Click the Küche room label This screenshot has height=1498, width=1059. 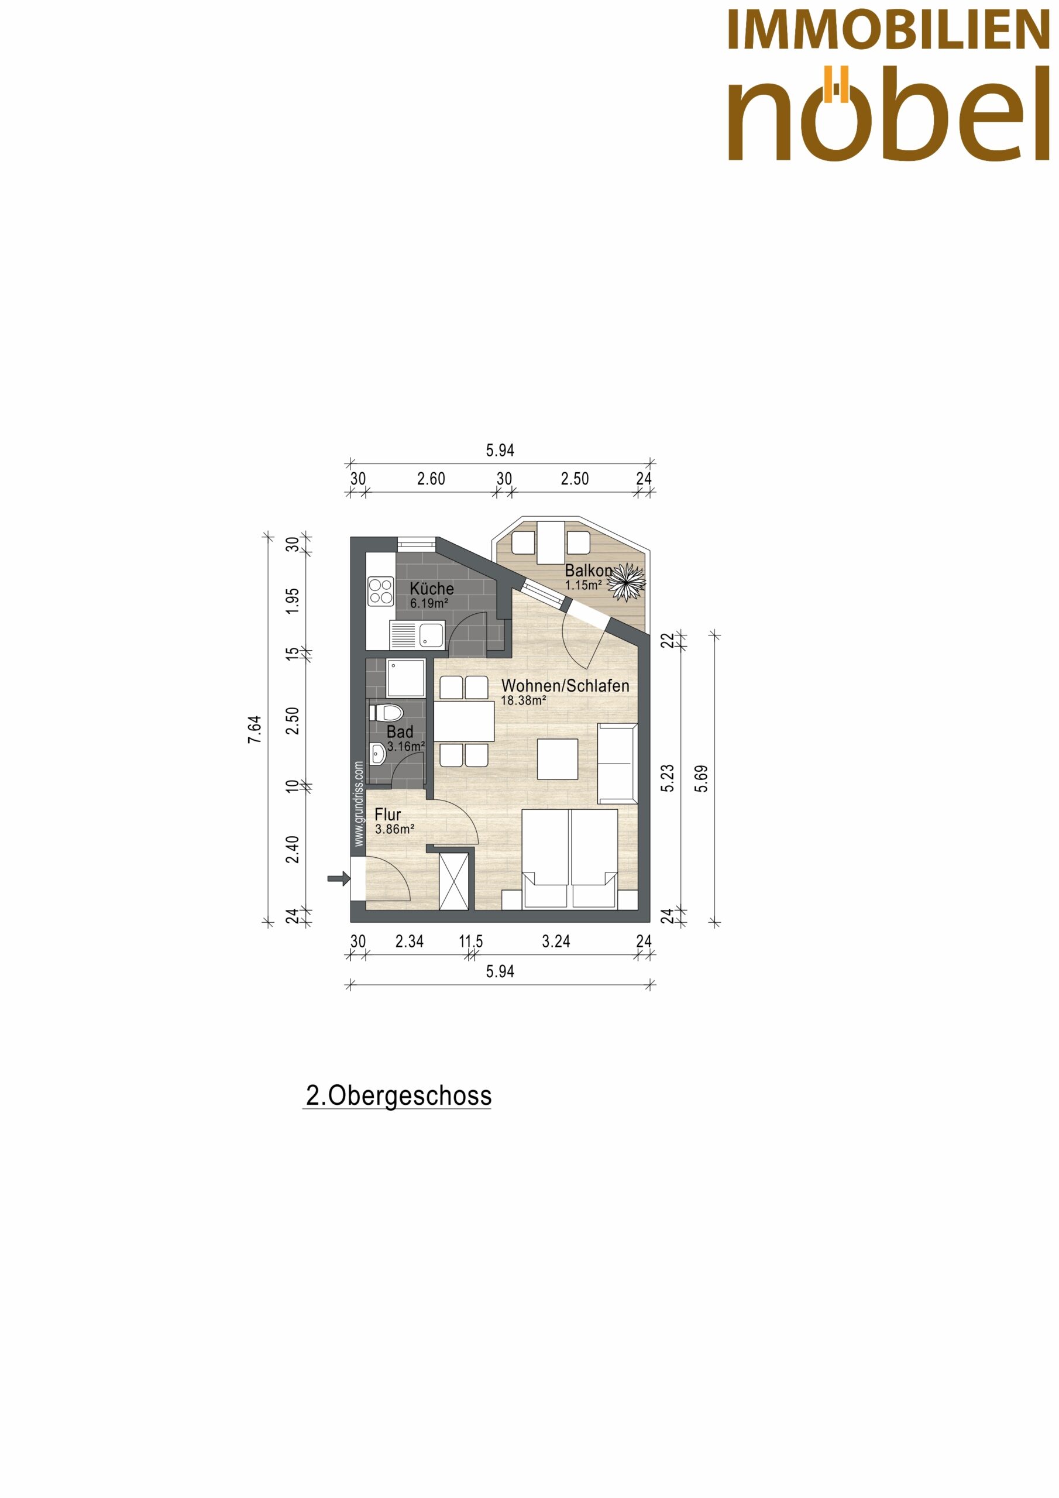[431, 588]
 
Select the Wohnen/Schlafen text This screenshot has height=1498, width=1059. [565, 686]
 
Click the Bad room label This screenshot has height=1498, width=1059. [400, 732]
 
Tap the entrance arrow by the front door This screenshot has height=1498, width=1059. [339, 879]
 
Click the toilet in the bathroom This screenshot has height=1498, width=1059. [387, 712]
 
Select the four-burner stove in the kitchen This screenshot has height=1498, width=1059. [380, 591]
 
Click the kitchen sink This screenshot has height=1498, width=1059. [417, 634]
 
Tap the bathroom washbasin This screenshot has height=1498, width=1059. [377, 754]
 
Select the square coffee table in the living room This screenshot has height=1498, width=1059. [557, 759]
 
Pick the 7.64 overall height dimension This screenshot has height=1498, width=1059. [254, 730]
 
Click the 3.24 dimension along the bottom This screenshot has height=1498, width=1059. [556, 941]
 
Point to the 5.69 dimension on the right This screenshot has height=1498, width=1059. [702, 778]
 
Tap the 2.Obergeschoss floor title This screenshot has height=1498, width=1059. [398, 1095]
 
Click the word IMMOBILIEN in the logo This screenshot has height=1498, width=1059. [888, 30]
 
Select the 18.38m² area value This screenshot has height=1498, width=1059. [523, 700]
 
